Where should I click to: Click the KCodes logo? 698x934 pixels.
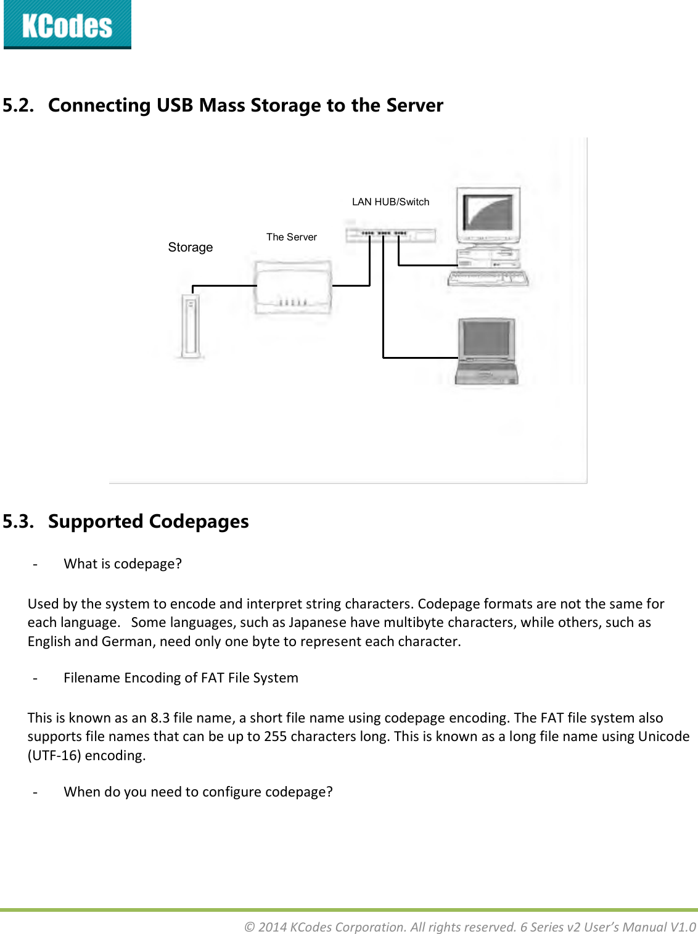(67, 25)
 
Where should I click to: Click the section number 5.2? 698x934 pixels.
(18, 105)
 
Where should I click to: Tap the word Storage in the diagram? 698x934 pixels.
(190, 247)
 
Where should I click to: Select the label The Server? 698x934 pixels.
(291, 237)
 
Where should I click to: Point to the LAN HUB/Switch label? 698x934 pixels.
(390, 202)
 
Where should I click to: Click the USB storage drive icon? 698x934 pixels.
(191, 326)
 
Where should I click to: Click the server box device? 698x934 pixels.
(294, 287)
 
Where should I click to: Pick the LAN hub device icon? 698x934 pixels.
(390, 234)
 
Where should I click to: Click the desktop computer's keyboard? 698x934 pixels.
(487, 279)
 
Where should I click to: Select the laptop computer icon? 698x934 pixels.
(487, 351)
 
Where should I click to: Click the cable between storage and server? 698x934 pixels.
(224, 286)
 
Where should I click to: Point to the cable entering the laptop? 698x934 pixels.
(420, 357)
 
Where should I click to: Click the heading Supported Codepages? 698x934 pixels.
(148, 522)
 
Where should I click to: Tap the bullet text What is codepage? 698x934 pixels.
(123, 563)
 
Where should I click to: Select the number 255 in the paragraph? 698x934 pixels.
(275, 736)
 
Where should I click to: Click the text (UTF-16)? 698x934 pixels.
(54, 755)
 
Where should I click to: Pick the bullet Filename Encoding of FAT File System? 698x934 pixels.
(181, 678)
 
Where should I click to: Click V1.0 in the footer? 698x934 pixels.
(683, 927)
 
